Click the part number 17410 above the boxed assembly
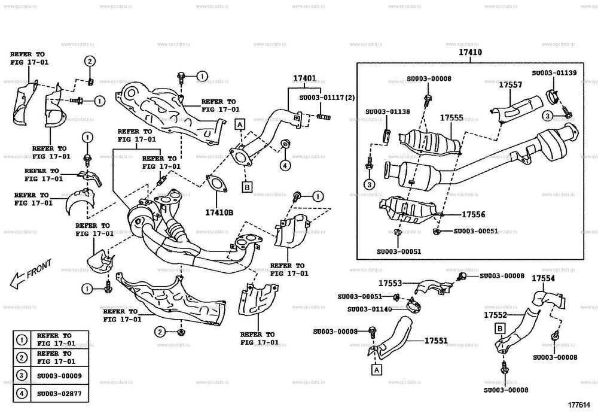click(x=470, y=53)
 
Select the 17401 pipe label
click(x=304, y=79)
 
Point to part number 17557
click(x=511, y=85)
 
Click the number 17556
click(x=473, y=214)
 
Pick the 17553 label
click(x=389, y=282)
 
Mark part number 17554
click(x=543, y=279)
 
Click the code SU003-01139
click(x=554, y=72)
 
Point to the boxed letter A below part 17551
click(x=376, y=369)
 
